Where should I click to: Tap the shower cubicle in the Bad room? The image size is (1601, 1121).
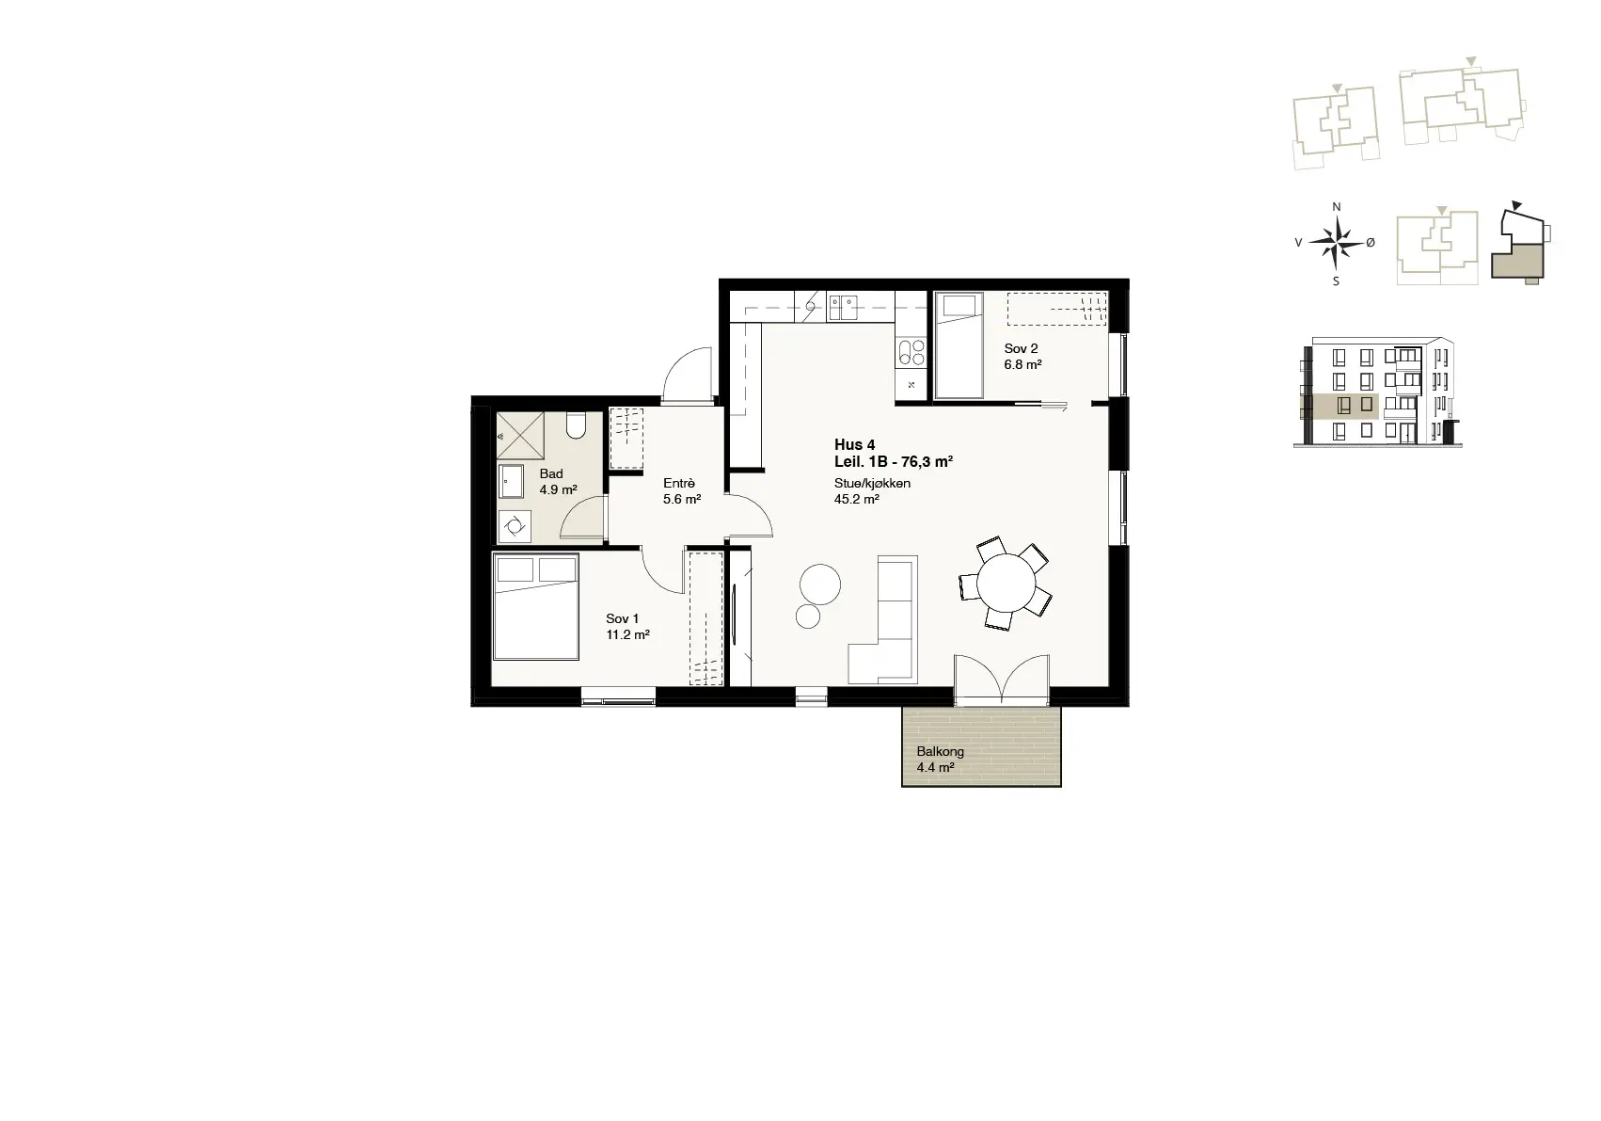520,436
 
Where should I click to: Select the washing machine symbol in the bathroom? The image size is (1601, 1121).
515,527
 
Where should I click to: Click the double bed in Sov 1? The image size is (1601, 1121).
536,607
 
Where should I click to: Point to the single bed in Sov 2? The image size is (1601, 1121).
959,344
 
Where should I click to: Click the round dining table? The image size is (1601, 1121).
1006,583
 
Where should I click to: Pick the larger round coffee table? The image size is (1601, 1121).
820,585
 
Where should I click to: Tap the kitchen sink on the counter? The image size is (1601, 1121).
843,309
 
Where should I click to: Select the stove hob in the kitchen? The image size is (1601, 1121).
911,353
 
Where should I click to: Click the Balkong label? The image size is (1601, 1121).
940,752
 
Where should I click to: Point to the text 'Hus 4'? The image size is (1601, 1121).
854,445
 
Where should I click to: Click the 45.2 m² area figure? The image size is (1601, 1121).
856,500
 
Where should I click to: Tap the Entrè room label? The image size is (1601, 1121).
679,484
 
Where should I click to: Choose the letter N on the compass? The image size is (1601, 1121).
1337,207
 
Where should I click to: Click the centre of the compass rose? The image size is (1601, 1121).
1337,243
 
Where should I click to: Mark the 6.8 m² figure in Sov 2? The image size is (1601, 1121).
1022,365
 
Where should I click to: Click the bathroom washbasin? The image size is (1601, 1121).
511,481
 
